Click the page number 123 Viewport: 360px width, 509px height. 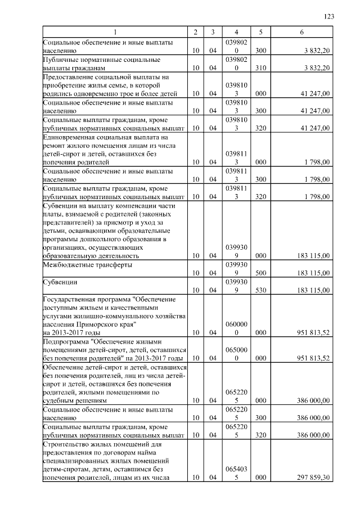click(x=330, y=17)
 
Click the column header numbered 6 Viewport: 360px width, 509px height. click(x=301, y=33)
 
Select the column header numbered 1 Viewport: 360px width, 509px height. click(x=115, y=33)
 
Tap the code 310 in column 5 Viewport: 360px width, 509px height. click(x=260, y=68)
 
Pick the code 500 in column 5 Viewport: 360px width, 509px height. click(x=260, y=273)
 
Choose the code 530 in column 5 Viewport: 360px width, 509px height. click(x=260, y=290)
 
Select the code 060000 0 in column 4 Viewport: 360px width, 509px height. click(x=236, y=328)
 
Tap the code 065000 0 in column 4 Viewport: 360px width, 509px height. click(x=236, y=354)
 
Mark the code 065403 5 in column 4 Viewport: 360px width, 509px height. click(x=236, y=474)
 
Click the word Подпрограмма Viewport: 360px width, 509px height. click(x=63, y=342)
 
